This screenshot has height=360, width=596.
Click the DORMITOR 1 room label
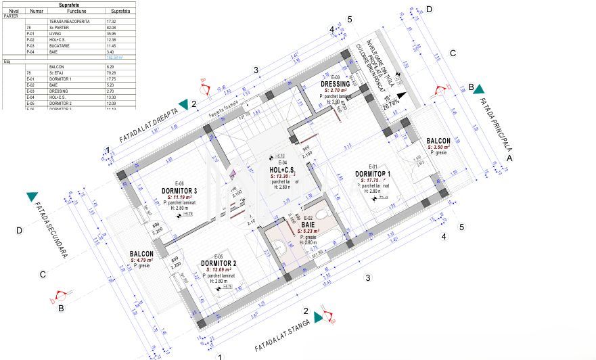coord(373,173)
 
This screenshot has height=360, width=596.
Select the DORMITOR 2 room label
coord(219,263)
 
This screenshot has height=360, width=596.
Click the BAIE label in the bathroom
coord(308,224)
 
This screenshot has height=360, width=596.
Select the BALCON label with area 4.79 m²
coord(141,254)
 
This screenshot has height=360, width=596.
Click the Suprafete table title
coord(68,3)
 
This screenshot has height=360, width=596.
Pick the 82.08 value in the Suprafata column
coord(112,27)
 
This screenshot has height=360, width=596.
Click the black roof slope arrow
coord(402,95)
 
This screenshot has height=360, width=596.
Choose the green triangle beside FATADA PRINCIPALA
coord(478,89)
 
